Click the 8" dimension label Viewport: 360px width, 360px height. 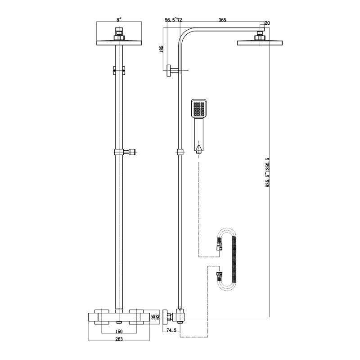point(119,20)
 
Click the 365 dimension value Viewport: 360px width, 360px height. point(222,20)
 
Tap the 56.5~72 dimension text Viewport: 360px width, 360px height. point(173,20)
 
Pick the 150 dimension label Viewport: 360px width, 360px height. point(119,331)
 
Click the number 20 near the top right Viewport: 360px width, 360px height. point(267,23)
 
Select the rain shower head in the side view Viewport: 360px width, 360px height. point(260,42)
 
